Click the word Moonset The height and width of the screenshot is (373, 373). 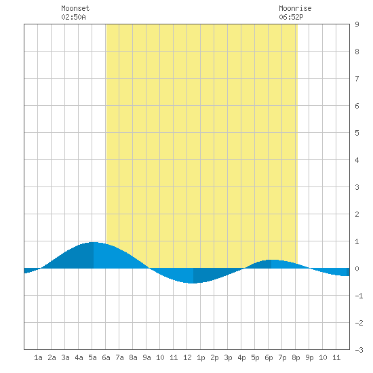pos(75,8)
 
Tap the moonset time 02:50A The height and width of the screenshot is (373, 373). pos(73,17)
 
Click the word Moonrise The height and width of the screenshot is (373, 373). pos(295,8)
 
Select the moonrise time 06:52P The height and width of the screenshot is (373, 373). pos(291,17)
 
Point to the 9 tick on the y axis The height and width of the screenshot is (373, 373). pos(357,24)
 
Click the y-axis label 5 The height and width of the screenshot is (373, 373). pos(357,133)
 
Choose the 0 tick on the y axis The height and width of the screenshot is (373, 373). pos(357,269)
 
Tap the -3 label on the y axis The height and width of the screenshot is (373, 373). pos(359,350)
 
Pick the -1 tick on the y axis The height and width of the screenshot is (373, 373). pos(359,296)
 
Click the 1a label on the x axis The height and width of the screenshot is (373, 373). pos(38,357)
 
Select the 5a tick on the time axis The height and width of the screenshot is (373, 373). pos(92,357)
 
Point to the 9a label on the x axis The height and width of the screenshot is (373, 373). pos(146,357)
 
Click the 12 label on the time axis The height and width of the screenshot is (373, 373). pos(187,357)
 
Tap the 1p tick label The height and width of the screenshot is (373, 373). pos(201,357)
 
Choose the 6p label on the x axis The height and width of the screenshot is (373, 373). pos(269,357)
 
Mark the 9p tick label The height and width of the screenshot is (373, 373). pos(309,357)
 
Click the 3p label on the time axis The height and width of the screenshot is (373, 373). pos(228,357)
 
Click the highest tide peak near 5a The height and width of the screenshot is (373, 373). pos(94,242)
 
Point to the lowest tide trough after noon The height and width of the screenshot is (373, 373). pos(193,283)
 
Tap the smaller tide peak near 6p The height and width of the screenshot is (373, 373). pos(271,260)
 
